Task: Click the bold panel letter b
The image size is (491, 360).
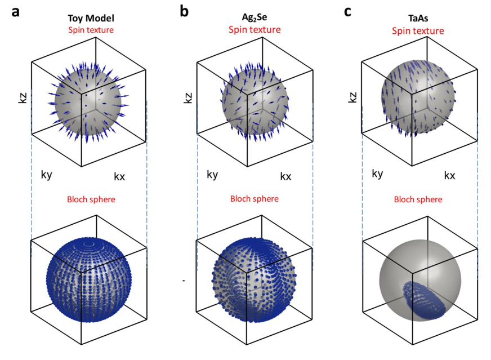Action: (184, 11)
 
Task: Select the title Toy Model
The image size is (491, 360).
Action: (89, 19)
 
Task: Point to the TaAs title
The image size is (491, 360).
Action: (417, 19)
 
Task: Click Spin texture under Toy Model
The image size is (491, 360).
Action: (89, 30)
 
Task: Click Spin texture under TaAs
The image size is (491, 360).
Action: (417, 30)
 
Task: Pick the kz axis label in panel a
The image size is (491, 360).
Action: (23, 102)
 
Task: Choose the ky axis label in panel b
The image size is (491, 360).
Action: (212, 174)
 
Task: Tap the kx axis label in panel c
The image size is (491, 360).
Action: (449, 175)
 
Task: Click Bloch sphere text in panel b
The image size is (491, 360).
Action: (255, 199)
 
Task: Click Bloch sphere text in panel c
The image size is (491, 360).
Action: (417, 199)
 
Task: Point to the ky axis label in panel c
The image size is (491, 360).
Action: (377, 173)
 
